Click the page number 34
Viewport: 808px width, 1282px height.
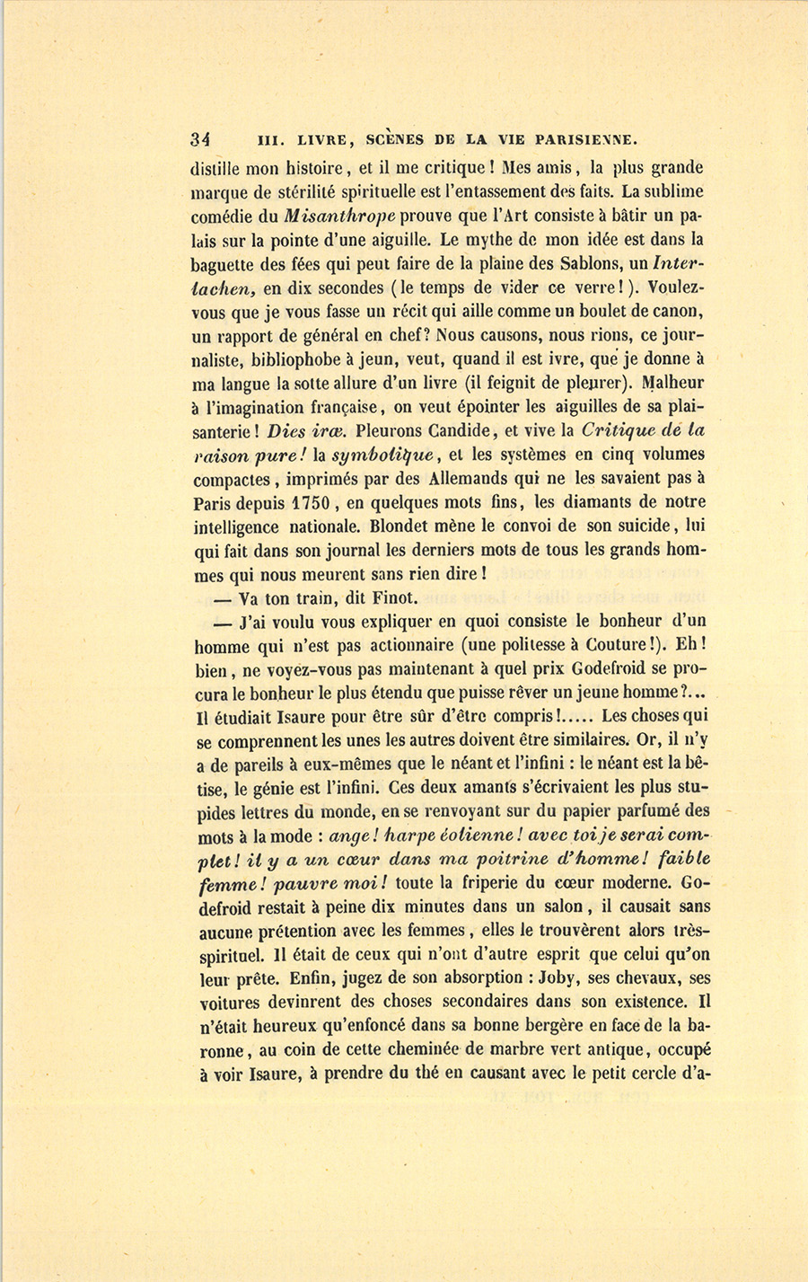pyautogui.click(x=199, y=139)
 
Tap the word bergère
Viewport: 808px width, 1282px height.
pyautogui.click(x=508, y=1025)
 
